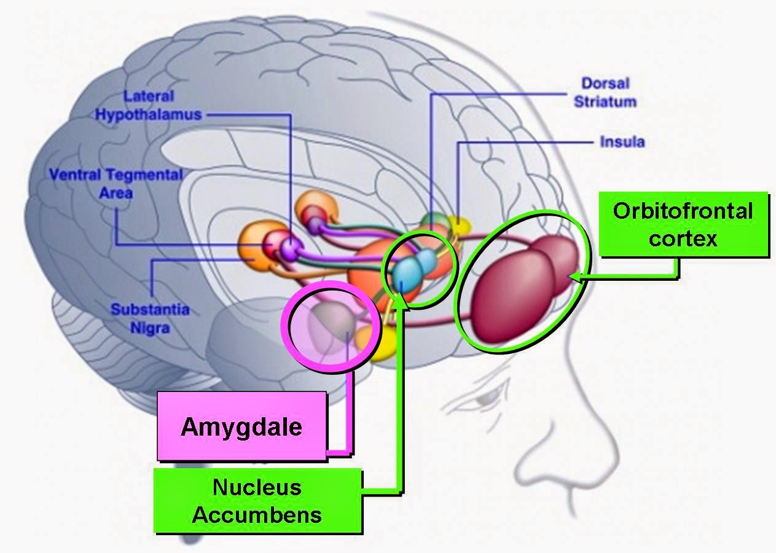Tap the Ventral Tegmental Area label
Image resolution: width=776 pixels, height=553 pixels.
point(116,183)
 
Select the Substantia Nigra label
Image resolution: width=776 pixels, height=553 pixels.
point(149,318)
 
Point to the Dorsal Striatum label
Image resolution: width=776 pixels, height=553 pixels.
point(605,92)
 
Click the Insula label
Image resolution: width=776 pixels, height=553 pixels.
point(622,143)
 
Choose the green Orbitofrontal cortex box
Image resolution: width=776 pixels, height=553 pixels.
point(682,224)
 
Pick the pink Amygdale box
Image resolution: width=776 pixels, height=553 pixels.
point(241,426)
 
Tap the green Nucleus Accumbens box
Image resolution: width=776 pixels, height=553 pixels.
point(257,501)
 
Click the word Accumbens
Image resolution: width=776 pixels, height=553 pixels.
point(257,514)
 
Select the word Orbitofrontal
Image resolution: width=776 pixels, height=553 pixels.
point(682,211)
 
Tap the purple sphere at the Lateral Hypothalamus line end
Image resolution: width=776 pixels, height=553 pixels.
point(290,247)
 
